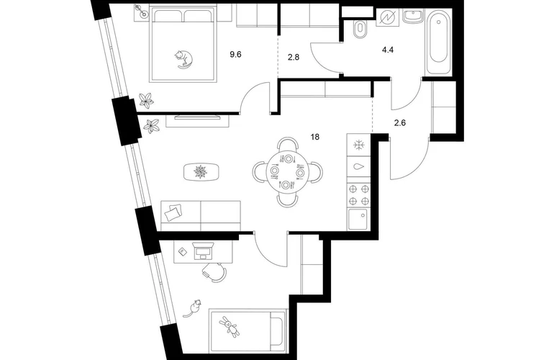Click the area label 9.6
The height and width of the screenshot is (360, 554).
pyautogui.click(x=235, y=55)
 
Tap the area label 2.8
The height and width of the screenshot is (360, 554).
pyautogui.click(x=294, y=57)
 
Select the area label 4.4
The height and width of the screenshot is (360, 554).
pyautogui.click(x=388, y=50)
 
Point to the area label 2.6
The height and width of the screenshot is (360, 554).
pyautogui.click(x=399, y=123)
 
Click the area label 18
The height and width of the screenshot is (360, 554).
pyautogui.click(x=315, y=137)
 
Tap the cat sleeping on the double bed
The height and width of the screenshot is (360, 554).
pyautogui.click(x=183, y=59)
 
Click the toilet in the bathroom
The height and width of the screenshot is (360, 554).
pyautogui.click(x=360, y=29)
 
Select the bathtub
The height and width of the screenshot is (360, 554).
pyautogui.click(x=438, y=41)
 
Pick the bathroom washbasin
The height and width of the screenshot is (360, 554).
pyautogui.click(x=412, y=17)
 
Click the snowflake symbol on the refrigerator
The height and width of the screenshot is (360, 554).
pyautogui.click(x=358, y=145)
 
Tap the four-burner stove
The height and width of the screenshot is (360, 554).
pyautogui.click(x=358, y=195)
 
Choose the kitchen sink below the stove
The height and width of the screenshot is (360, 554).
pyautogui.click(x=358, y=220)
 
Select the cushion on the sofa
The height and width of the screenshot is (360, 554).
pyautogui.click(x=173, y=213)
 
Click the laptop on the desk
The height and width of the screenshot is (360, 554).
pyautogui.click(x=203, y=251)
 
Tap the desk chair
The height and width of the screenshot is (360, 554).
pyautogui.click(x=214, y=274)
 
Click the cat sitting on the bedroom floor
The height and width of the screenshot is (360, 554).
pyautogui.click(x=193, y=308)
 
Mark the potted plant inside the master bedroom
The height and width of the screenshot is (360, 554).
pyautogui.click(x=146, y=100)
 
